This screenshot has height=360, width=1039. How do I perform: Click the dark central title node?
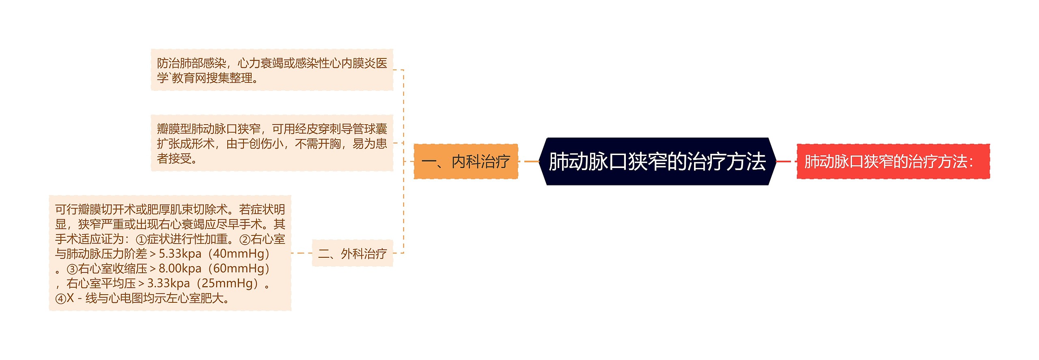(x=657, y=162)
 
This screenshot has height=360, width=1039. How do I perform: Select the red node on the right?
(x=893, y=162)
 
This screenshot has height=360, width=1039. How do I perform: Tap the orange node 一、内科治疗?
(x=466, y=162)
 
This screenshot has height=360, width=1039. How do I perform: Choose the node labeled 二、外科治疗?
(x=352, y=254)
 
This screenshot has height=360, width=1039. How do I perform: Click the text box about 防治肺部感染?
(x=272, y=70)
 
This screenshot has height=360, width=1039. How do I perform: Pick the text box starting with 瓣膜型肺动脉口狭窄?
(x=272, y=143)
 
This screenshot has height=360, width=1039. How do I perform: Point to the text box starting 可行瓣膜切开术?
(x=170, y=253)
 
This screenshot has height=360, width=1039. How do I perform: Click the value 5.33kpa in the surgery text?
(x=180, y=254)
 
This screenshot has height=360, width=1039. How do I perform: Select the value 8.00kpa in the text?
(x=180, y=268)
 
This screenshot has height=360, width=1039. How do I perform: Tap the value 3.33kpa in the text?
(x=168, y=283)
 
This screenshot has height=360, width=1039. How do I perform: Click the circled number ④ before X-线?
(x=60, y=299)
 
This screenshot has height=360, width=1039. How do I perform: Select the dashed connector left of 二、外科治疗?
(x=302, y=253)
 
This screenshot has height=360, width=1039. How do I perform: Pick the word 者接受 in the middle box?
(x=174, y=158)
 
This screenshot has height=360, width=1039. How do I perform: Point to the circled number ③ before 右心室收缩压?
(x=72, y=269)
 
